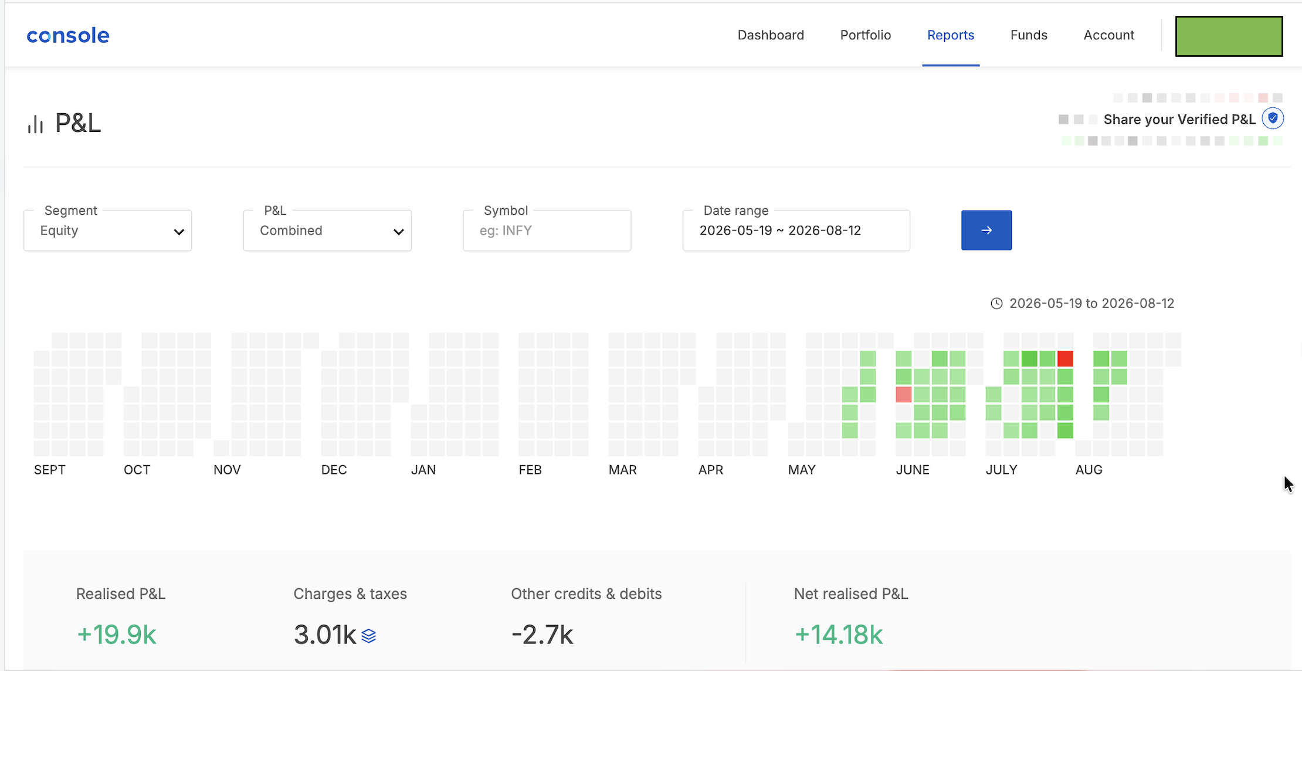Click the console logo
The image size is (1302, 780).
(x=68, y=36)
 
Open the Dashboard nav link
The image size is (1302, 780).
(x=771, y=35)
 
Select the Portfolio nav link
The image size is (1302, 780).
(x=866, y=35)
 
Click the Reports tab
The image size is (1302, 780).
(x=951, y=35)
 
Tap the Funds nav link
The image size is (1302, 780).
(x=1029, y=35)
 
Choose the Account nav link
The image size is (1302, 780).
(x=1109, y=35)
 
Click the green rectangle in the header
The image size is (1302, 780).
(x=1229, y=36)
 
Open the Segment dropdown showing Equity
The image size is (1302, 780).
(x=108, y=230)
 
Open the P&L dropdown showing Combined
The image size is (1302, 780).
(x=327, y=230)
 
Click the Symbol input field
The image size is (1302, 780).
(x=547, y=230)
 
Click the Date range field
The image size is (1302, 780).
(x=796, y=230)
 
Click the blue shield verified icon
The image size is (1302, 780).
(x=1273, y=118)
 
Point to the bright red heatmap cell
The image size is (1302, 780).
(x=1065, y=358)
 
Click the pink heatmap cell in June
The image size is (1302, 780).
(x=904, y=395)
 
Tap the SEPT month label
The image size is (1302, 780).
(x=50, y=470)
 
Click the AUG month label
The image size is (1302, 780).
(x=1089, y=470)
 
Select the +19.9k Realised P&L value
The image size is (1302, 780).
(x=116, y=635)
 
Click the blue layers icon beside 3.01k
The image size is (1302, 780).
(x=369, y=636)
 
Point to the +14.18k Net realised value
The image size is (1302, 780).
(x=838, y=635)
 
